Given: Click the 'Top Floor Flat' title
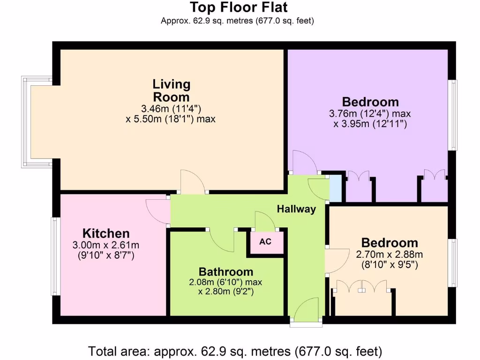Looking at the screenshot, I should pos(239,7).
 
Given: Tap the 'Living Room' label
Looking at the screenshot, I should pos(172,90).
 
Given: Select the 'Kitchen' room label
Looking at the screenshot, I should pos(106,233).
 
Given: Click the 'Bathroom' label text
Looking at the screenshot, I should pos(226,271).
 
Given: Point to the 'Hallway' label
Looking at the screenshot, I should pos(296,209).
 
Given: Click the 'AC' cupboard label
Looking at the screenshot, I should pos(265,242).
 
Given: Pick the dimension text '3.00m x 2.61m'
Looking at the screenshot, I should pos(106,245).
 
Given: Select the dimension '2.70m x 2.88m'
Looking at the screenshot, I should pos(390,255).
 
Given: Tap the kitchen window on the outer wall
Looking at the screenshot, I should pos(54,256).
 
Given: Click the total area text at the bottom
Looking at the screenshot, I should pos(235,351).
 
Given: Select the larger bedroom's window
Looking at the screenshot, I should pos(453,115).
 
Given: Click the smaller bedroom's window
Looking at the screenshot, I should pos(453,262).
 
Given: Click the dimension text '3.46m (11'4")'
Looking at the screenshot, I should pos(171,108).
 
